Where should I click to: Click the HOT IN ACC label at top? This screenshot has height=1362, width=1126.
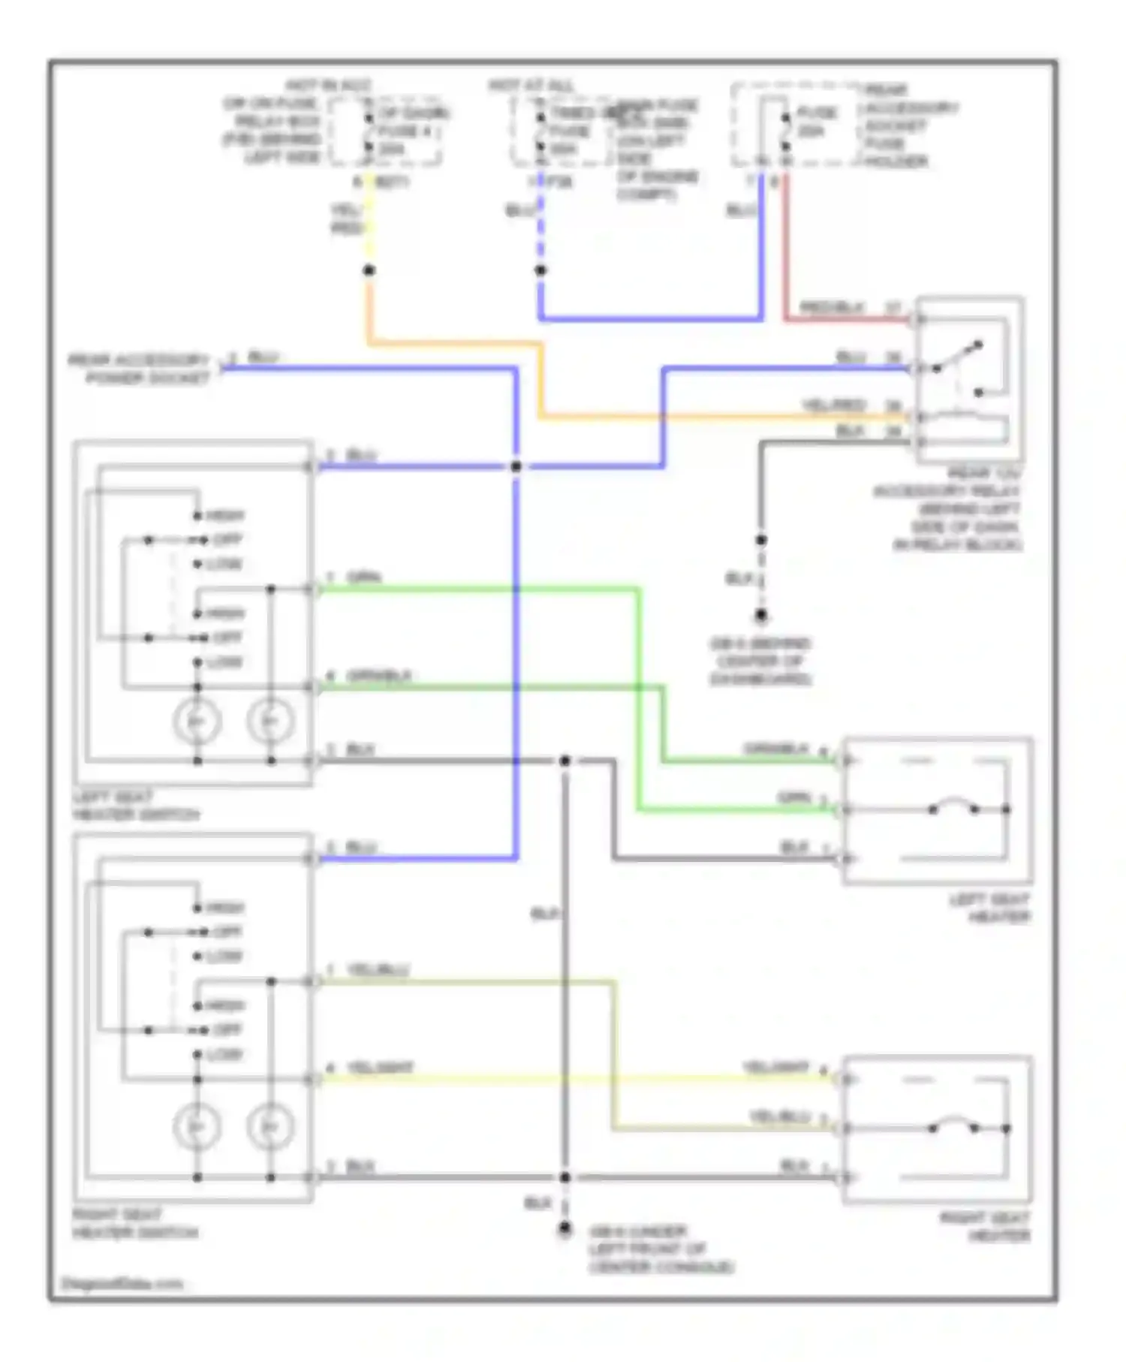pyautogui.click(x=328, y=86)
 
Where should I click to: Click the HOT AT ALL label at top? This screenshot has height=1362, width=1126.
pyautogui.click(x=531, y=86)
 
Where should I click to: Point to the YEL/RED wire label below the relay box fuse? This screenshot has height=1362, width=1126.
pyautogui.click(x=347, y=218)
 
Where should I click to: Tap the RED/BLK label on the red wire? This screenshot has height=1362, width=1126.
pyautogui.click(x=832, y=307)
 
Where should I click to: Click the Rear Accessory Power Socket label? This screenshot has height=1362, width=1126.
pyautogui.click(x=140, y=369)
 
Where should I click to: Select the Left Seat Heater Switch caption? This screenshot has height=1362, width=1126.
pyautogui.click(x=136, y=806)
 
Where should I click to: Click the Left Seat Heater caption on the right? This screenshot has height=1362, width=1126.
pyautogui.click(x=989, y=908)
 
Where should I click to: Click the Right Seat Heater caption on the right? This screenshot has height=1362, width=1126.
pyautogui.click(x=985, y=1226)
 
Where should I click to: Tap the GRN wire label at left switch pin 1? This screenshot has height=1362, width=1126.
pyautogui.click(x=364, y=577)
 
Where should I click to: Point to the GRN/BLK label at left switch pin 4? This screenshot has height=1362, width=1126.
pyautogui.click(x=379, y=676)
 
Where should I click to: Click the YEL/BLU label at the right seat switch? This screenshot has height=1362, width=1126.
pyautogui.click(x=378, y=970)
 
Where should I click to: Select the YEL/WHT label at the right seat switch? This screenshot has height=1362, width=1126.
pyautogui.click(x=380, y=1068)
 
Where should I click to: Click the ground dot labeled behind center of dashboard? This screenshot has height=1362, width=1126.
pyautogui.click(x=761, y=616)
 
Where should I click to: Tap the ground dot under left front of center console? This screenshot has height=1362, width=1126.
pyautogui.click(x=565, y=1229)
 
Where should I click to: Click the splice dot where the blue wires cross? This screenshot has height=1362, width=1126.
pyautogui.click(x=516, y=466)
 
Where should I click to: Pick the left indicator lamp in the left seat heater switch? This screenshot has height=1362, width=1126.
pyautogui.click(x=197, y=722)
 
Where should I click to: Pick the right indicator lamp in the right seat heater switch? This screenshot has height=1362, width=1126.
pyautogui.click(x=270, y=1127)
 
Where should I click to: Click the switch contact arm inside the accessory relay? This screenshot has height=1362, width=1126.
pyautogui.click(x=958, y=357)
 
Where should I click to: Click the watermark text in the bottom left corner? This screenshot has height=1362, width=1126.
pyautogui.click(x=122, y=1283)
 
